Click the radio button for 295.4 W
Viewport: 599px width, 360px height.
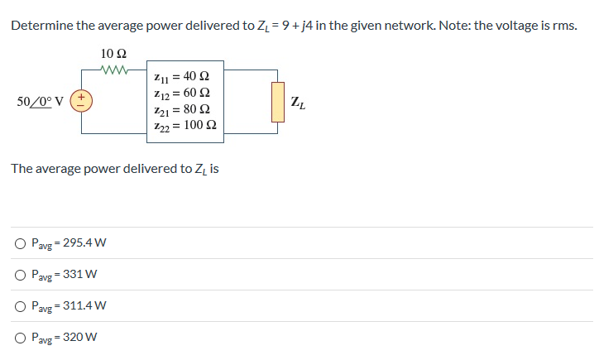[19, 243]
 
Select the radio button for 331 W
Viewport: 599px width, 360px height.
[19, 275]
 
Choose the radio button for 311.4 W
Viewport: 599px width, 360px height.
[19, 306]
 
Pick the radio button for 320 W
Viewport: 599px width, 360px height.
[19, 338]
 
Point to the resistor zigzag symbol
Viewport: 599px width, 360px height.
[113, 70]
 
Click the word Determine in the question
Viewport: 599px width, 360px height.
[41, 26]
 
